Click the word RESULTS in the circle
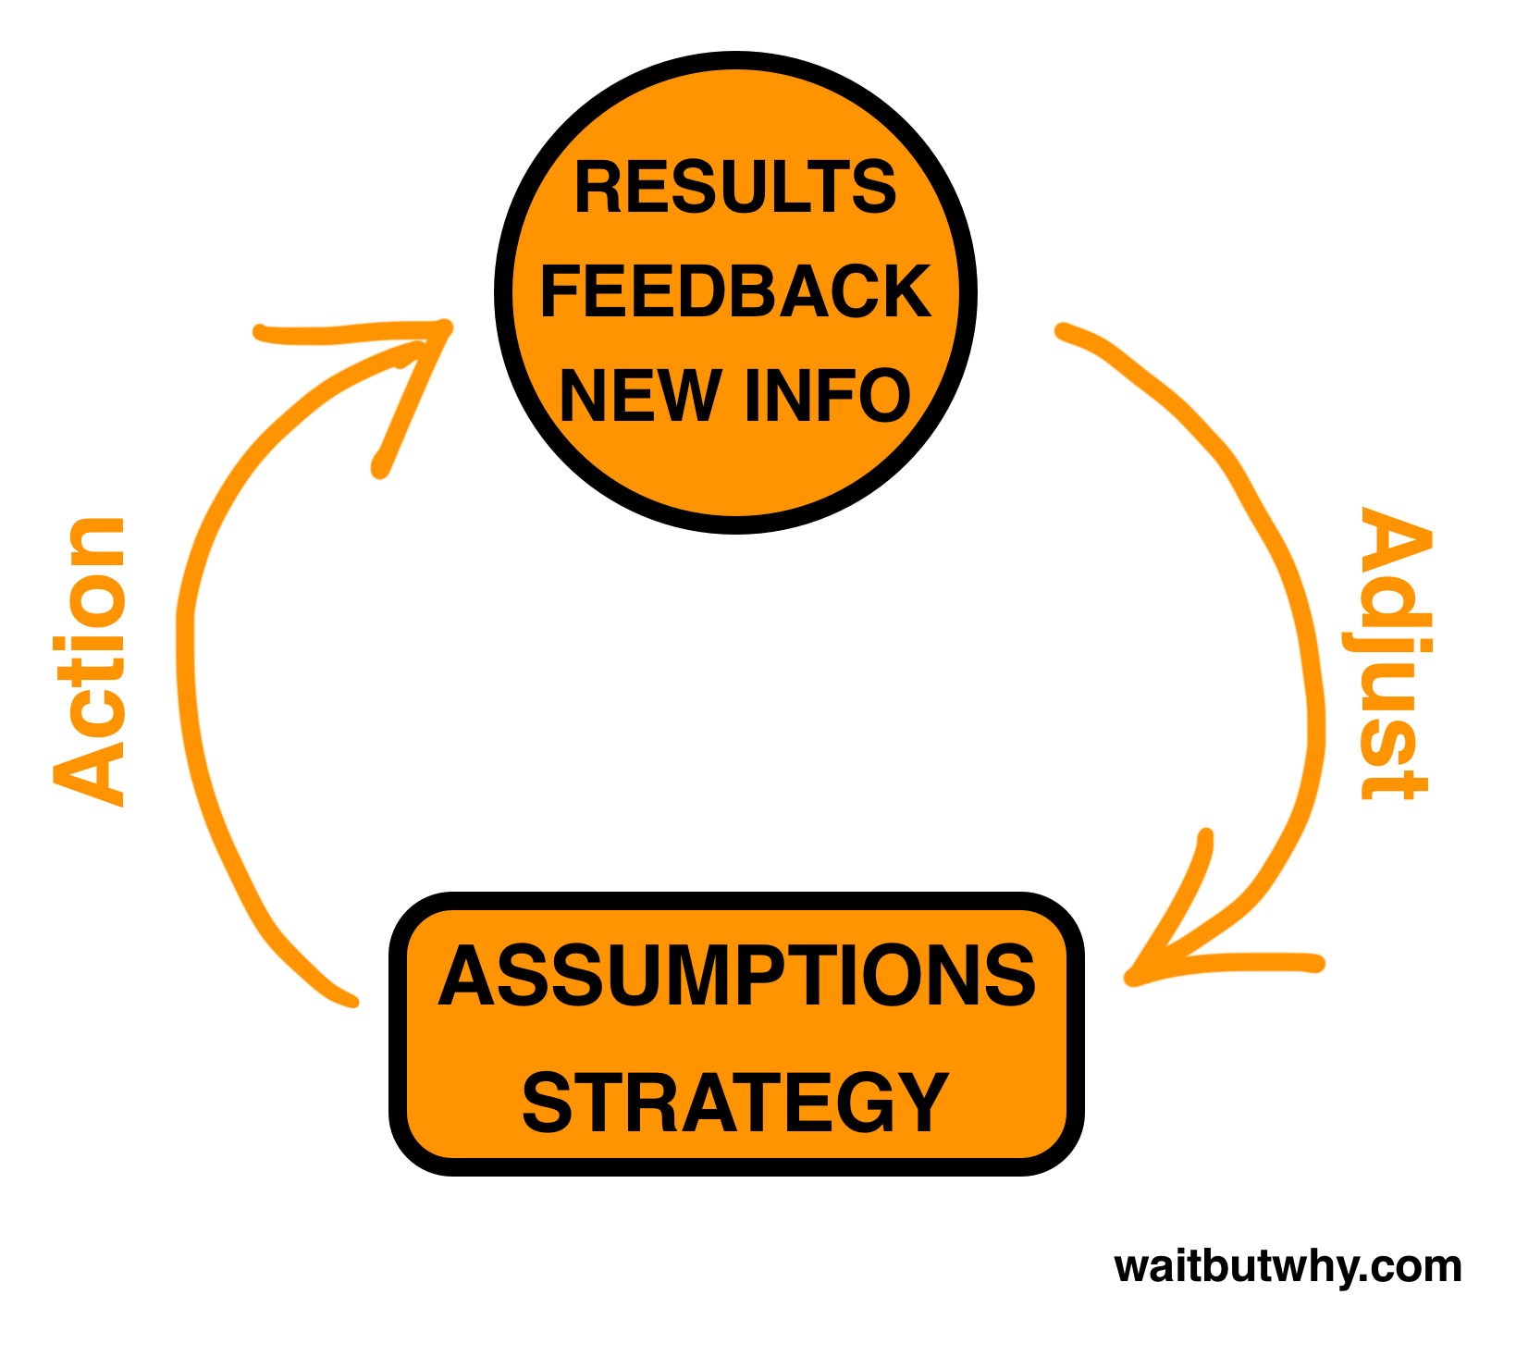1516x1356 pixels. point(735,188)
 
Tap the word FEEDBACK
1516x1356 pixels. point(735,291)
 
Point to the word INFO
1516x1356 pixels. point(827,396)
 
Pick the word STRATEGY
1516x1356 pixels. point(735,1102)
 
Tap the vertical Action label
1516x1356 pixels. point(90,661)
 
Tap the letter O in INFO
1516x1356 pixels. point(881,396)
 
